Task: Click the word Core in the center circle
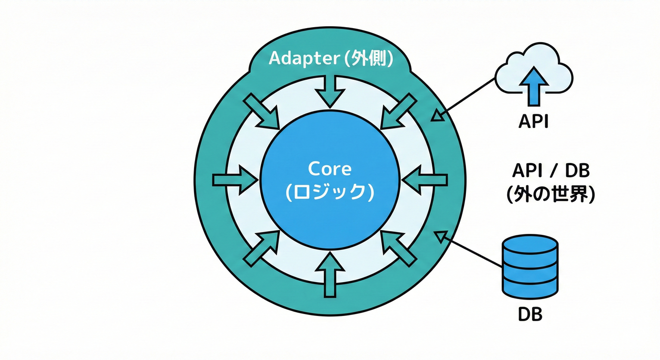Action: pyautogui.click(x=329, y=169)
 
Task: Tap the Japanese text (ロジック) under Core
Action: pyautogui.click(x=329, y=192)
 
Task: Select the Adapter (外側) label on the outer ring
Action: pyautogui.click(x=331, y=59)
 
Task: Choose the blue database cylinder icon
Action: pyautogui.click(x=530, y=267)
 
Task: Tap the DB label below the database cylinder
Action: pyautogui.click(x=530, y=314)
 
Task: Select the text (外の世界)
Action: pyautogui.click(x=550, y=194)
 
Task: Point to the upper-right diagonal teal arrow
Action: pyautogui.click(x=397, y=111)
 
